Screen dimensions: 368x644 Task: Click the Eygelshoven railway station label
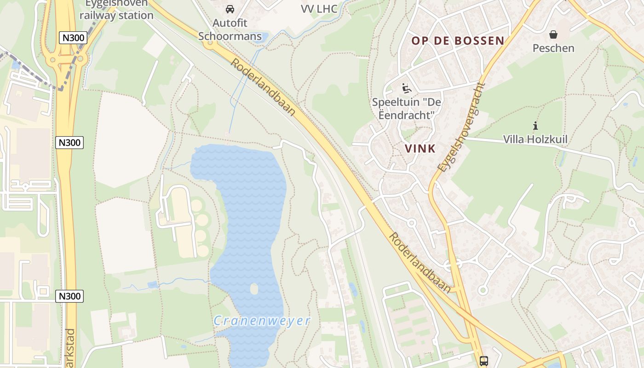tap(116, 9)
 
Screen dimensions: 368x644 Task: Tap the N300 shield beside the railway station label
tap(73, 38)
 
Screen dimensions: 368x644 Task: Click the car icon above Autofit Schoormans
tap(230, 9)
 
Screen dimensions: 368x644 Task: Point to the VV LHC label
tap(319, 9)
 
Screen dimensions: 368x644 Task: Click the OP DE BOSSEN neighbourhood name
tap(458, 40)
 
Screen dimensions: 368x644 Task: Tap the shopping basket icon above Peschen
tap(553, 34)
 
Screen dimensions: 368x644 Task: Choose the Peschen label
tap(553, 48)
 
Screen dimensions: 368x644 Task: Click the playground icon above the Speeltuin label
tap(406, 88)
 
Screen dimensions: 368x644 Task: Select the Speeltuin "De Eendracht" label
tap(406, 109)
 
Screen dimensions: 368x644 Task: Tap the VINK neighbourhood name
tap(420, 149)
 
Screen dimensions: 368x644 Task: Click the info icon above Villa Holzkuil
tap(535, 125)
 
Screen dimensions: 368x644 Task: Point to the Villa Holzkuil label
tap(535, 139)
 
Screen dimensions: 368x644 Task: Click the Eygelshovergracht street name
tap(461, 127)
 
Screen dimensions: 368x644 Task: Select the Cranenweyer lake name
tap(262, 321)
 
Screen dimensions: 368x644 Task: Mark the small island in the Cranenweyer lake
tap(254, 289)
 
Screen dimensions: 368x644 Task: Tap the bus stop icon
tap(483, 361)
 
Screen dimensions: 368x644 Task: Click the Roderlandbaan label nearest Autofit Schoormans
tap(263, 87)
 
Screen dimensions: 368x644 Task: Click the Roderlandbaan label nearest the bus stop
tap(420, 263)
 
